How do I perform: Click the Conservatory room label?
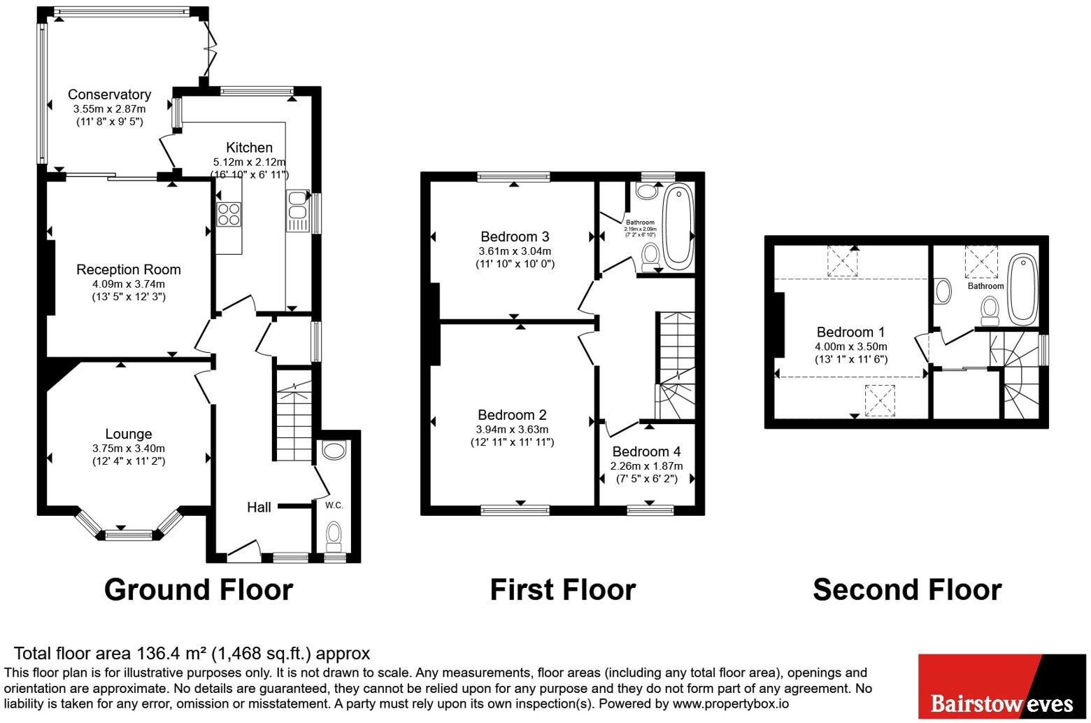109,94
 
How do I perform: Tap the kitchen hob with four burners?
229,214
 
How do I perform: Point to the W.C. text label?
334,505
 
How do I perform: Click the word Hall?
259,507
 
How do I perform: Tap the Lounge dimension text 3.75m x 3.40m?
129,448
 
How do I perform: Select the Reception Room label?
129,269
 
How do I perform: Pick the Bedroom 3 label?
515,237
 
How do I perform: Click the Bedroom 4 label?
646,451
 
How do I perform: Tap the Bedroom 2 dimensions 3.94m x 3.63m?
512,430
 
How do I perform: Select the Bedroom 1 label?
850,332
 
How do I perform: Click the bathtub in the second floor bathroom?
1022,289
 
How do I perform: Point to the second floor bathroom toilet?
990,311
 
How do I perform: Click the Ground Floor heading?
199,589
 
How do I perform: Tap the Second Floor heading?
907,589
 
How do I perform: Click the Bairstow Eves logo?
1002,687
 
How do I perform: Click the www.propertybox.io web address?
731,703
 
